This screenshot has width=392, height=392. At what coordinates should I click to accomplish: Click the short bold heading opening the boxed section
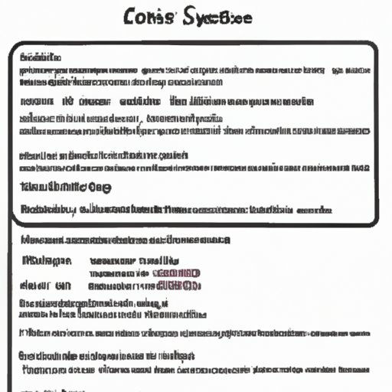(41, 57)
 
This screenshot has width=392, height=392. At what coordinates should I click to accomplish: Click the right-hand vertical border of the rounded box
(377, 134)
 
